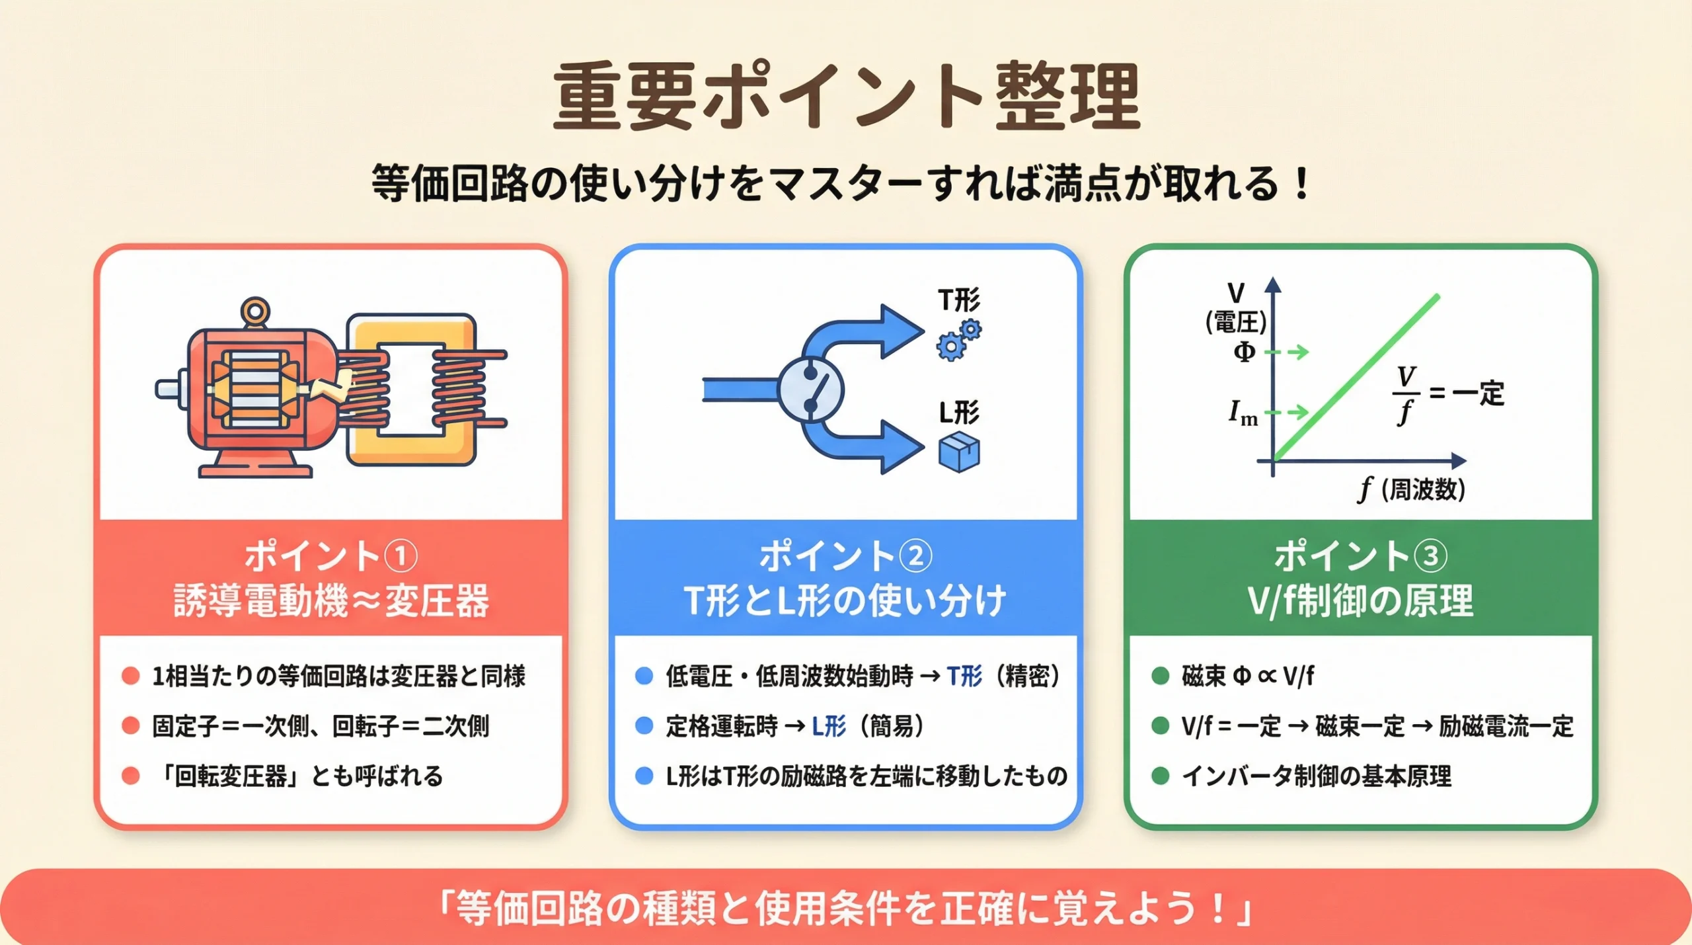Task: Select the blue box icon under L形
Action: [x=959, y=452]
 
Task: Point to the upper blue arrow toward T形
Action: [x=886, y=331]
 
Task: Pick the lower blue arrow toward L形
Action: [x=886, y=448]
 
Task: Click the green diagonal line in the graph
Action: [x=1355, y=378]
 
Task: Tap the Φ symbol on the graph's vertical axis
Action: [x=1244, y=352]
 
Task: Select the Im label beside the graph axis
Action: [x=1243, y=414]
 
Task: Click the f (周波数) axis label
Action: [x=1412, y=490]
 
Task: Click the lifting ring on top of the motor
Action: [x=255, y=311]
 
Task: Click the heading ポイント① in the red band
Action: [x=330, y=555]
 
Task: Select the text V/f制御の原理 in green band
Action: [x=1360, y=600]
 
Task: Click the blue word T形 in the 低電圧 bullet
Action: [x=964, y=676]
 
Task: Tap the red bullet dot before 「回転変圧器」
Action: [x=131, y=776]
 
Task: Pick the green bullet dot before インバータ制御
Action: [x=1160, y=776]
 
